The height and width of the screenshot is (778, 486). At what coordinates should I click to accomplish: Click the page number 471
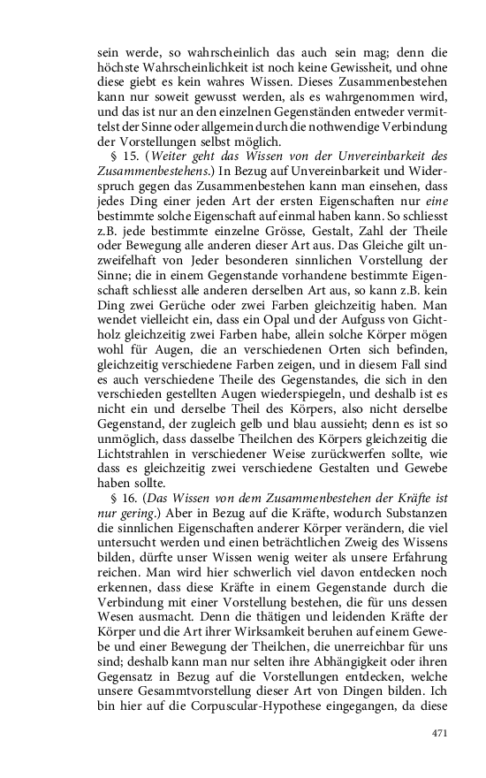tap(441, 733)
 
